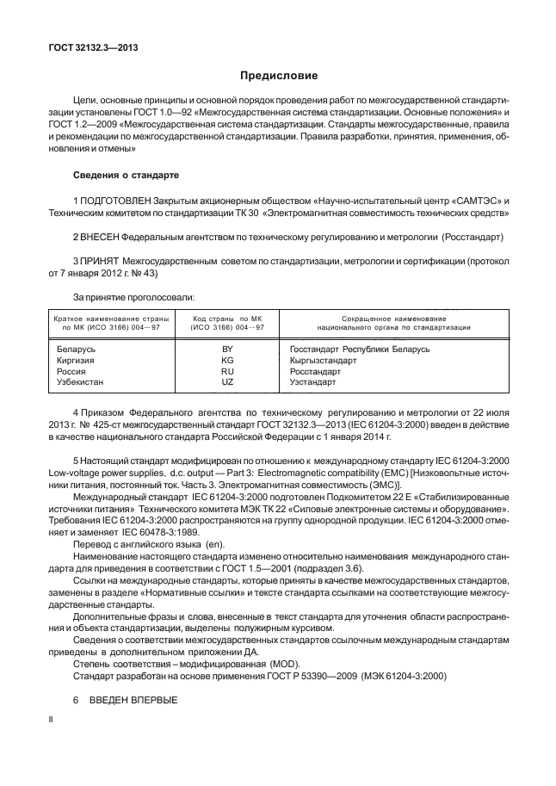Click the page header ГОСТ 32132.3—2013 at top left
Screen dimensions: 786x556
pyautogui.click(x=91, y=47)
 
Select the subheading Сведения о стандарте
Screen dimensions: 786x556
pyautogui.click(x=126, y=175)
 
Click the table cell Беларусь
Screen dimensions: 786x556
pyautogui.click(x=76, y=349)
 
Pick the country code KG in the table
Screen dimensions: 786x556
pyautogui.click(x=227, y=360)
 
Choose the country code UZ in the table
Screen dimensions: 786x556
pyautogui.click(x=227, y=381)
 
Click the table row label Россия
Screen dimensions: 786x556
pyautogui.click(x=71, y=370)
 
